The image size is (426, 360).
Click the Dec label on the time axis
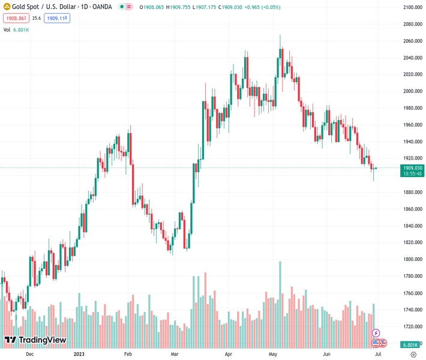pyautogui.click(x=29, y=354)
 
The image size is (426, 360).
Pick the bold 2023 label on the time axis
pyautogui.click(x=79, y=354)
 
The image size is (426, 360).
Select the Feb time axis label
pyautogui.click(x=128, y=354)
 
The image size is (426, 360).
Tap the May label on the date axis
pyautogui.click(x=274, y=354)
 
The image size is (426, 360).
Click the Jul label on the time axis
pyautogui.click(x=377, y=354)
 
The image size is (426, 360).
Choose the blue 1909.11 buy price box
pyautogui.click(x=58, y=18)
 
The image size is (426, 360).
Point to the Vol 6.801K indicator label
pyautogui.click(x=16, y=29)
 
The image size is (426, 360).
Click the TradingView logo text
pyautogui.click(x=36, y=340)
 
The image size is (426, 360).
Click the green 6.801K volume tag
pyautogui.click(x=410, y=344)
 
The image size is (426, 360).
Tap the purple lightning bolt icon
pyautogui.click(x=376, y=333)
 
